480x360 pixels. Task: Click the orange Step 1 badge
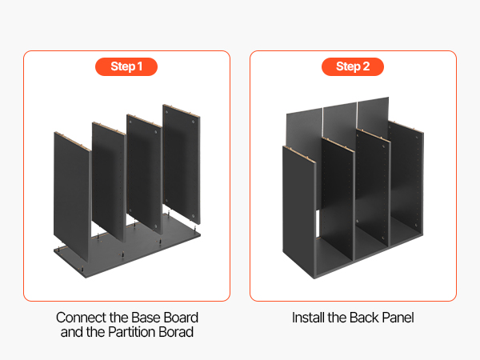(x=126, y=66)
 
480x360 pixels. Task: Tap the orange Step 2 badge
(x=353, y=66)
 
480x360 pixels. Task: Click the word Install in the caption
(x=308, y=318)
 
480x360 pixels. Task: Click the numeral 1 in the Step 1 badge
(x=139, y=66)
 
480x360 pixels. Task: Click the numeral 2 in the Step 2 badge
(x=366, y=66)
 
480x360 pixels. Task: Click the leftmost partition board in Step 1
(x=72, y=196)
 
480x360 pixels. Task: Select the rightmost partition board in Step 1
(x=182, y=164)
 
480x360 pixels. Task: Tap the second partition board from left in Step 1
(x=109, y=181)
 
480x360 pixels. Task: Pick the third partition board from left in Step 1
(x=144, y=173)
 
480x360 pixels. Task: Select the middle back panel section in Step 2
(x=340, y=121)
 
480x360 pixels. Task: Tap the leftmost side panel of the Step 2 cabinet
(x=299, y=211)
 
